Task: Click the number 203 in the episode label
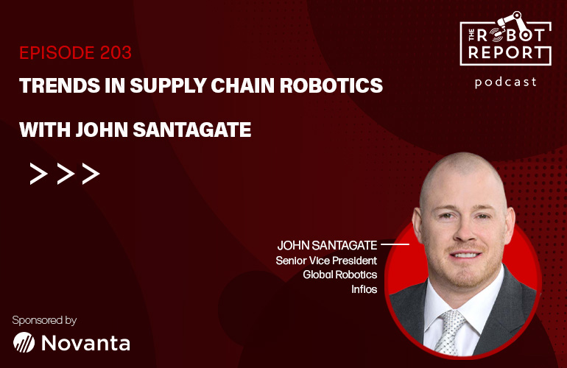coord(116,53)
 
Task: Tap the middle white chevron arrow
coord(66,174)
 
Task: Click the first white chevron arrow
coord(39,174)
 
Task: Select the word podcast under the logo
coord(506,82)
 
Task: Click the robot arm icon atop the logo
coord(510,20)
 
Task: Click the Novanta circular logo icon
coord(24,342)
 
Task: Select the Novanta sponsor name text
coord(85,343)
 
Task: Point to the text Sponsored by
coord(44,320)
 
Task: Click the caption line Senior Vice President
coord(326,261)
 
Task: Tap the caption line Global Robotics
coord(340,275)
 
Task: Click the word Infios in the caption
coord(364,289)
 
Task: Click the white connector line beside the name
coord(395,245)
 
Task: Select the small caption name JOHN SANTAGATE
coord(327,245)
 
